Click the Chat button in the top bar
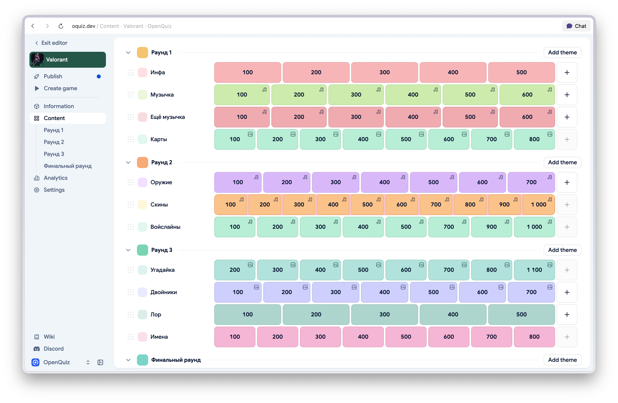click(x=576, y=26)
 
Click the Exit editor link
click(x=51, y=43)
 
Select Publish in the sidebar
click(x=53, y=76)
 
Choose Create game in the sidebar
click(x=60, y=88)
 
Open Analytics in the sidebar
click(x=56, y=178)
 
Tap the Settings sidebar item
click(x=54, y=190)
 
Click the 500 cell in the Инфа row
click(x=521, y=72)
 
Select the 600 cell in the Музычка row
click(x=527, y=95)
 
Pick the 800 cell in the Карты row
click(x=534, y=139)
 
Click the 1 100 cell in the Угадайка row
click(x=534, y=270)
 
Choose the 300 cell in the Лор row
click(x=384, y=314)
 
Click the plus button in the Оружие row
click(x=567, y=182)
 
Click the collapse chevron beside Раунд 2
click(x=128, y=162)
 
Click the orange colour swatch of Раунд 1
click(x=142, y=52)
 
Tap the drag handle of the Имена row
click(x=131, y=337)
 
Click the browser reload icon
click(x=61, y=26)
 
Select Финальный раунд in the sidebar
click(x=67, y=166)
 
